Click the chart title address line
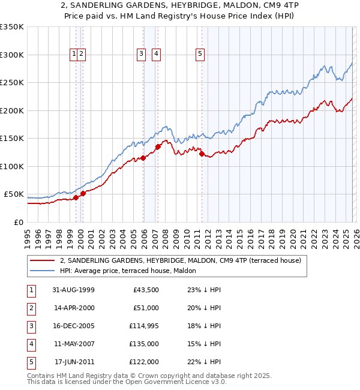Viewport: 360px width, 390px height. tap(180, 5)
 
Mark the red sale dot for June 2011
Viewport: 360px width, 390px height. tap(202, 154)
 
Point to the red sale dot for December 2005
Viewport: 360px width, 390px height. tap(143, 158)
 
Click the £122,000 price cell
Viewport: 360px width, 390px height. tap(145, 362)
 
